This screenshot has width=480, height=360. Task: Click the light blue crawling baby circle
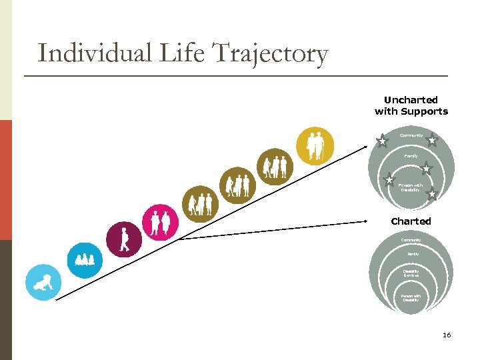tap(43, 283)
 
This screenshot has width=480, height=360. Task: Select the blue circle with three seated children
tap(85, 259)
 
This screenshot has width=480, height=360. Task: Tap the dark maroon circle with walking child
tap(124, 238)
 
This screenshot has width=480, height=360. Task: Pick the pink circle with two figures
tap(161, 221)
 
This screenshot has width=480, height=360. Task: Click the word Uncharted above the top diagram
tap(411, 100)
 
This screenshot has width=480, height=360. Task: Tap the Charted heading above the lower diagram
tap(411, 221)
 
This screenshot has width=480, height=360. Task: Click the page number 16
tap(446, 335)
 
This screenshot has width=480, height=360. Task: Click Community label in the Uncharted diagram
tap(411, 136)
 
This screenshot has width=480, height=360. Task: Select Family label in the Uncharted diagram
tap(411, 156)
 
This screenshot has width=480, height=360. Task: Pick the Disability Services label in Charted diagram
tap(411, 273)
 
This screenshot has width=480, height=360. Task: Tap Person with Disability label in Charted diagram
tap(411, 298)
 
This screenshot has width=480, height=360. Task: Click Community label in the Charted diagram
tap(411, 240)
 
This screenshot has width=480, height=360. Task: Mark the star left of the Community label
tap(382, 141)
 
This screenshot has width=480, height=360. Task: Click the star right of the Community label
tap(432, 140)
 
